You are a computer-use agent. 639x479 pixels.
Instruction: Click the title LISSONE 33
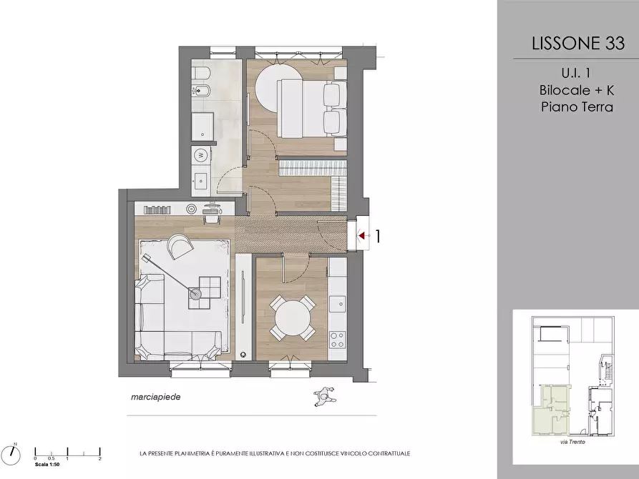tap(578, 43)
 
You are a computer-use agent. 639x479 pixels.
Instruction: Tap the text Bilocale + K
tap(576, 89)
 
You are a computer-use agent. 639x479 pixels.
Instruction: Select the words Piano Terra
tap(577, 107)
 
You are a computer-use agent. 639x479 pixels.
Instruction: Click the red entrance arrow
tap(361, 235)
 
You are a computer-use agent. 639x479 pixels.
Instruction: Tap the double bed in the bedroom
tap(312, 109)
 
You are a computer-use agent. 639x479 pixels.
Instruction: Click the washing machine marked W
tap(200, 154)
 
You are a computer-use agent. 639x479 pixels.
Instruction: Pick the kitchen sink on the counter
tap(338, 303)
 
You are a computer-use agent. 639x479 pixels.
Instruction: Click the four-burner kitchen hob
tap(338, 340)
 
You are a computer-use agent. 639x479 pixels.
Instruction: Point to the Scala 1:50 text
tap(47, 464)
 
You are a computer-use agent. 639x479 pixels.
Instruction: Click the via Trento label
tap(572, 442)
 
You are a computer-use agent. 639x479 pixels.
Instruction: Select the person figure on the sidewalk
tap(324, 396)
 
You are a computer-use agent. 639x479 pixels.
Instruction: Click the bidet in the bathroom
tap(200, 90)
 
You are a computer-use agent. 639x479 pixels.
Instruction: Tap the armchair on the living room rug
tap(180, 246)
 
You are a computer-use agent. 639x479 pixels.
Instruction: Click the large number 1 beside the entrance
tap(379, 236)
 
